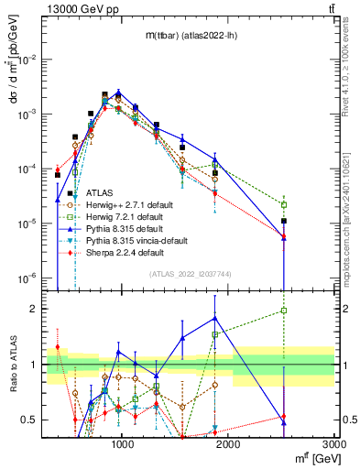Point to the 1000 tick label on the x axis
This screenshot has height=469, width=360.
click(123, 442)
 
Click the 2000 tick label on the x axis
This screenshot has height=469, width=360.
click(229, 442)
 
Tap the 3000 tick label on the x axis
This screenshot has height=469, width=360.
click(334, 442)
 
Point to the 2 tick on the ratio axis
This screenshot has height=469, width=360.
click(38, 309)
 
